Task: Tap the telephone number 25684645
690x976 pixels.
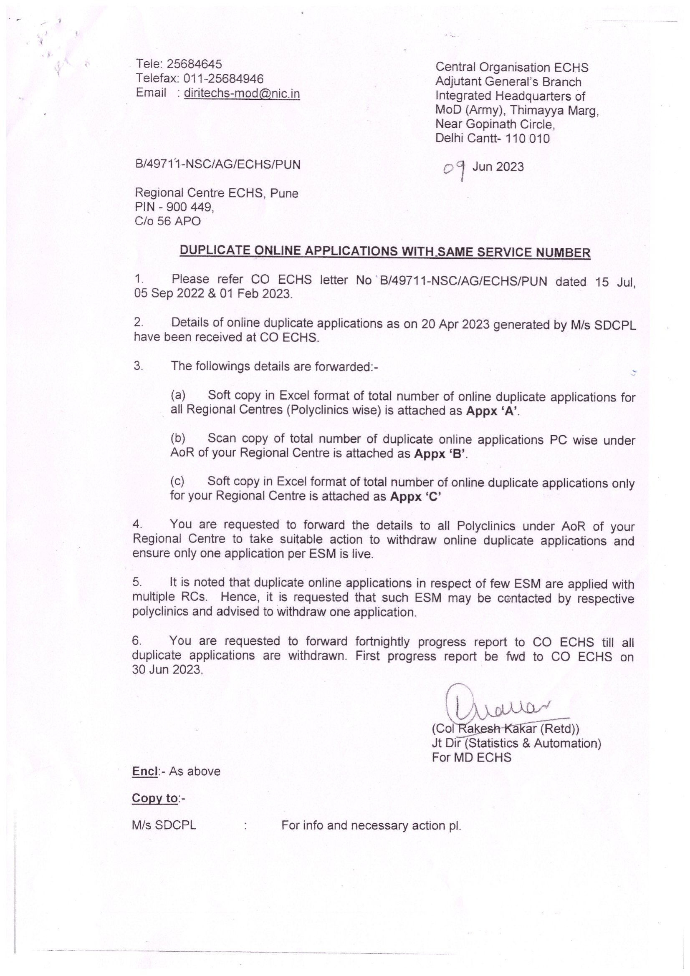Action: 194,64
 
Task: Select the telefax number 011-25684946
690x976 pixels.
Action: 223,78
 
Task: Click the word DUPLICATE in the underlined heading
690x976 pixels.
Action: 215,250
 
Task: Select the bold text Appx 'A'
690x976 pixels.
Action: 493,411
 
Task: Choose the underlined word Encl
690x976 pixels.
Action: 144,772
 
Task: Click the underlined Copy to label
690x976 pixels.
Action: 154,798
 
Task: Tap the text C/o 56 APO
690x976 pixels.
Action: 167,222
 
